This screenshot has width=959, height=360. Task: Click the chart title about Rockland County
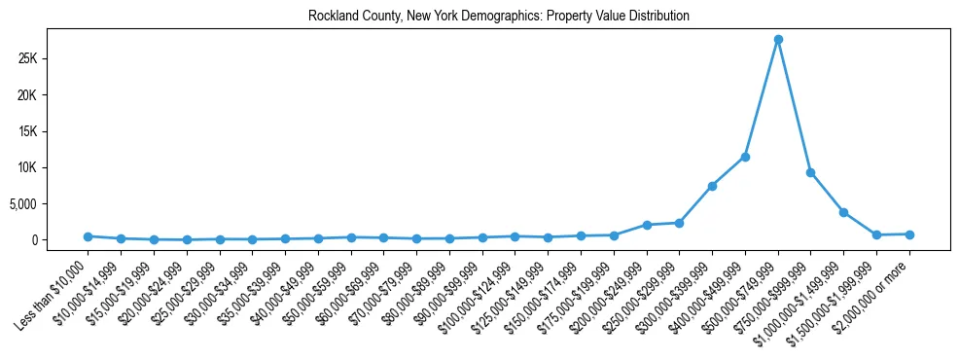pos(499,16)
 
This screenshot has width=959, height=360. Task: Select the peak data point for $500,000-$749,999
pos(778,40)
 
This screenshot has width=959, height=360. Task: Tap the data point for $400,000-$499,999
pos(745,157)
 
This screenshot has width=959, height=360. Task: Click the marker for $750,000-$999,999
pos(810,173)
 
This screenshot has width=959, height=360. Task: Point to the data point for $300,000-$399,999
pos(712,186)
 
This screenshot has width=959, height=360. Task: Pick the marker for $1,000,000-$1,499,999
pos(843,212)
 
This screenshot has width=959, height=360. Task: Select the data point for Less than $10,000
pos(88,236)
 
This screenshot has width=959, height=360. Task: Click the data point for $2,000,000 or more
pos(909,234)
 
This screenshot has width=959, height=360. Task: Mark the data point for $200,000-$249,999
pos(647,225)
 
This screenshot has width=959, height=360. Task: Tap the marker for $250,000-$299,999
pos(679,223)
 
